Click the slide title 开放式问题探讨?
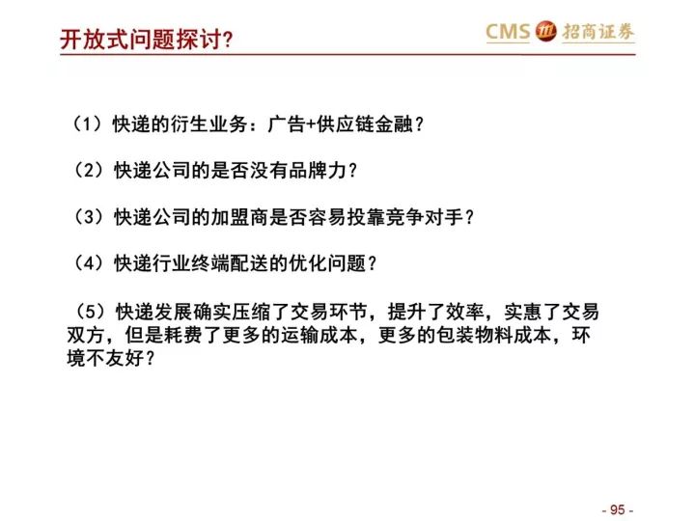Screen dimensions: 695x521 [147, 40]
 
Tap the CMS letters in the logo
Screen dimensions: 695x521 [508, 32]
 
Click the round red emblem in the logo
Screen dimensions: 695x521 [545, 32]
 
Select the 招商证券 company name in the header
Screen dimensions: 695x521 [598, 32]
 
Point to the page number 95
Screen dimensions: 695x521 [618, 509]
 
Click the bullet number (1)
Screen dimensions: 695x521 [87, 124]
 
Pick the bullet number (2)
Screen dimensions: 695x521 [88, 170]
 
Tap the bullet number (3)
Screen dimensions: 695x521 [88, 217]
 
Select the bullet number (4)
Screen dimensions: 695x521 [88, 263]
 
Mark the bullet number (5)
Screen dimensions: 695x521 [91, 312]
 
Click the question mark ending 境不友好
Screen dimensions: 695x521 [150, 358]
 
